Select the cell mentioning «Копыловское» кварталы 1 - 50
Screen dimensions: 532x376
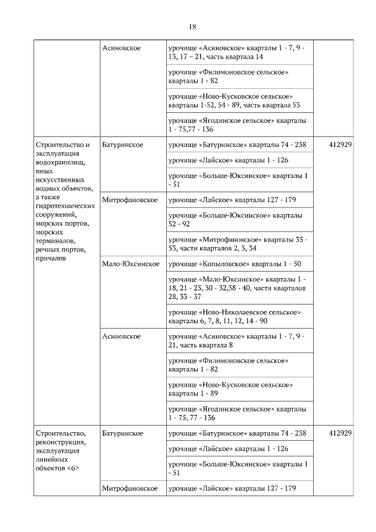tap(235, 264)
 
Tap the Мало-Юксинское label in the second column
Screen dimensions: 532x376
tap(130, 264)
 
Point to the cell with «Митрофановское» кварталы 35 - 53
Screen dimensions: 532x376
tap(240, 244)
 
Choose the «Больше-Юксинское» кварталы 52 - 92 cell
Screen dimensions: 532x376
tap(235, 220)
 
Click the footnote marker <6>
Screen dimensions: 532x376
tap(73, 468)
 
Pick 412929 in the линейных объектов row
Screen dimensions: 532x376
tap(341, 433)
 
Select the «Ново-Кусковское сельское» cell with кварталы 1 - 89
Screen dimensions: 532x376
tap(235, 389)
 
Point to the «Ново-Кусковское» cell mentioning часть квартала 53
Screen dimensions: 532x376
tap(240, 101)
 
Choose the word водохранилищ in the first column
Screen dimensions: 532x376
tap(61, 162)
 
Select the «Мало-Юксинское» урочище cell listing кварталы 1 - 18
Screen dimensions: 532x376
tap(240, 288)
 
